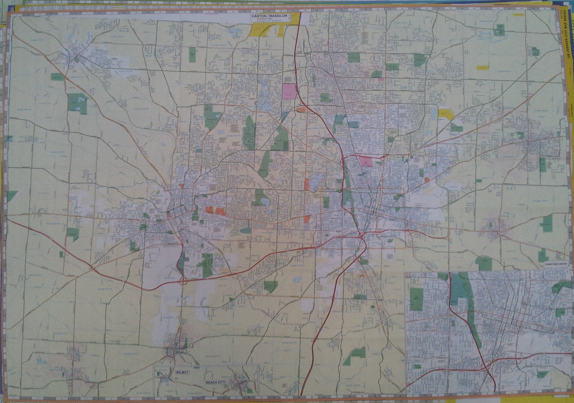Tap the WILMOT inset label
(x=182, y=373)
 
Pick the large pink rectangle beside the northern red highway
(x=289, y=91)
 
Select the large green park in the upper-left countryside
(x=78, y=103)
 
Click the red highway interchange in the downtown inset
(x=485, y=366)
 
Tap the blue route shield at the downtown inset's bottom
(x=494, y=387)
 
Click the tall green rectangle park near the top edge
(x=193, y=55)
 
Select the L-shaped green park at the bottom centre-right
(x=354, y=355)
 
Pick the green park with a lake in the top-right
(x=499, y=30)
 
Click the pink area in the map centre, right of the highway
(x=367, y=161)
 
